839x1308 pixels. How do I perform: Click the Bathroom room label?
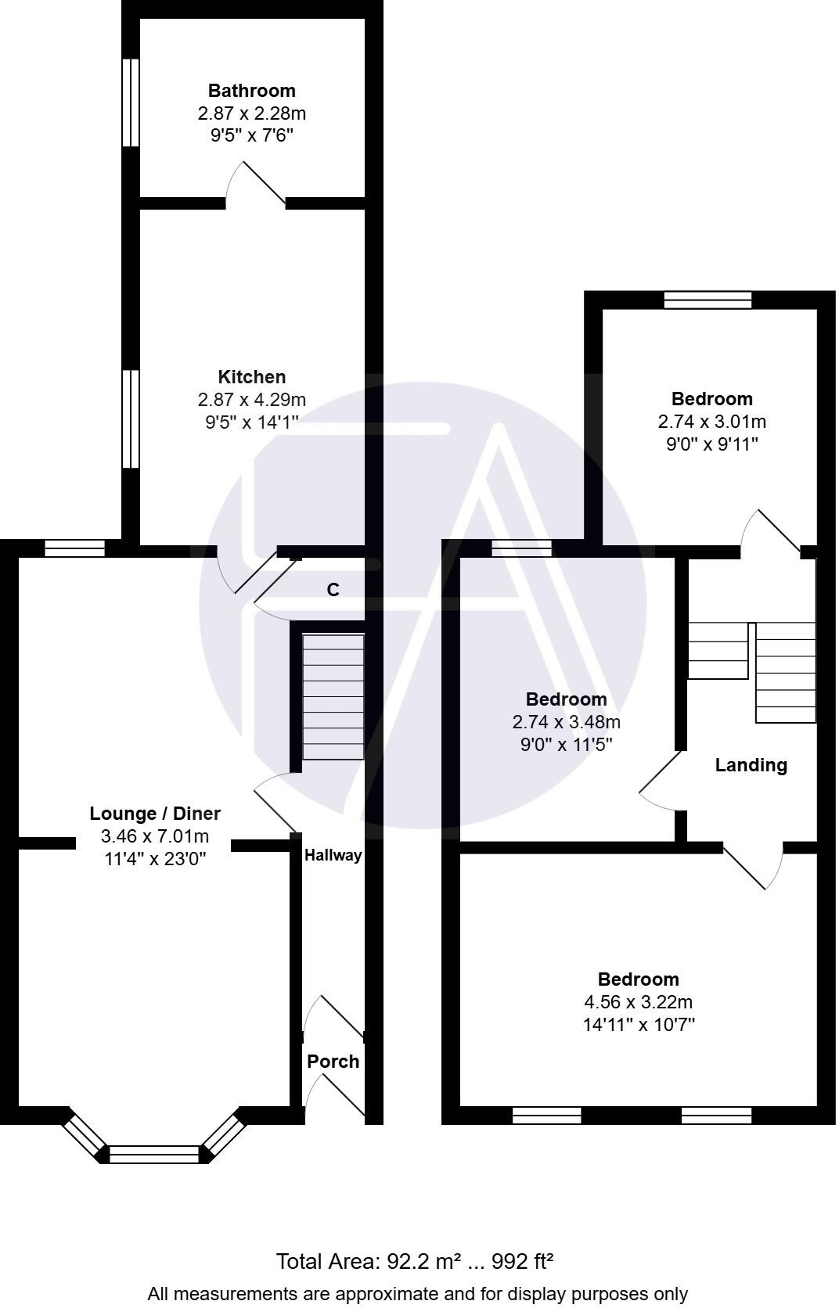click(251, 91)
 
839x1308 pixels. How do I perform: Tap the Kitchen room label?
click(251, 377)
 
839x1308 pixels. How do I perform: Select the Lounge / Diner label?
click(155, 814)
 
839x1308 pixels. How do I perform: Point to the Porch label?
click(333, 1062)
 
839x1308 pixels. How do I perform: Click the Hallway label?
click(333, 855)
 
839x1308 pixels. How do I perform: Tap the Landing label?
click(751, 765)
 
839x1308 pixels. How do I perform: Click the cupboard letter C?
click(333, 590)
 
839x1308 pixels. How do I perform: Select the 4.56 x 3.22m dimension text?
click(638, 1002)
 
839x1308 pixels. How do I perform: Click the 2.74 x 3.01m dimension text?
click(711, 422)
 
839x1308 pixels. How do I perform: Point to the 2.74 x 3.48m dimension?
click(566, 722)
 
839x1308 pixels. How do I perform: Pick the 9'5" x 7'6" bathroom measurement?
click(251, 136)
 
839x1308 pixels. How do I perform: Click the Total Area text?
click(415, 1261)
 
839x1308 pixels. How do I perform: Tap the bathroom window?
click(131, 102)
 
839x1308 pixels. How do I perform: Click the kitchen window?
click(131, 419)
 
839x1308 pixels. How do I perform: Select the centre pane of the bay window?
click(155, 1153)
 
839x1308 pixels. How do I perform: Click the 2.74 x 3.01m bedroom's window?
click(708, 300)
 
